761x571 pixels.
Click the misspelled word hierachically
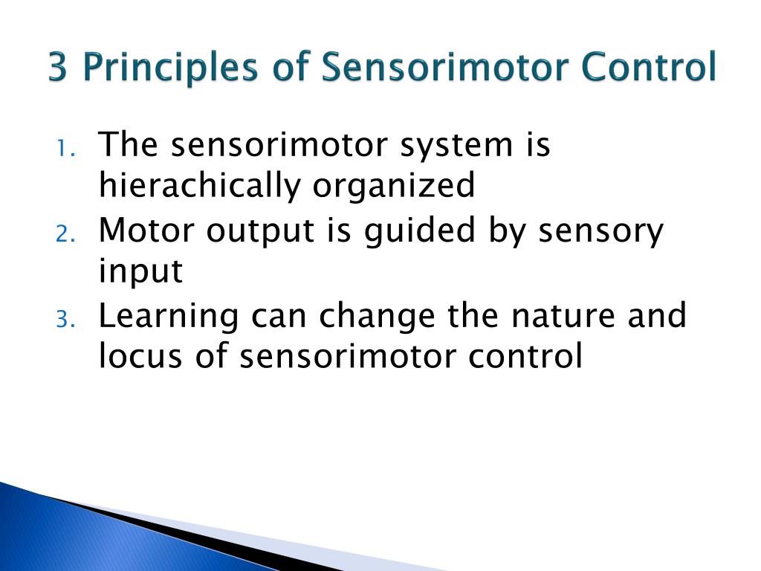tap(199, 185)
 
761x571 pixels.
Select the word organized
tap(393, 185)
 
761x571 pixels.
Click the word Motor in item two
tap(146, 230)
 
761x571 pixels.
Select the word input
tap(140, 272)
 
